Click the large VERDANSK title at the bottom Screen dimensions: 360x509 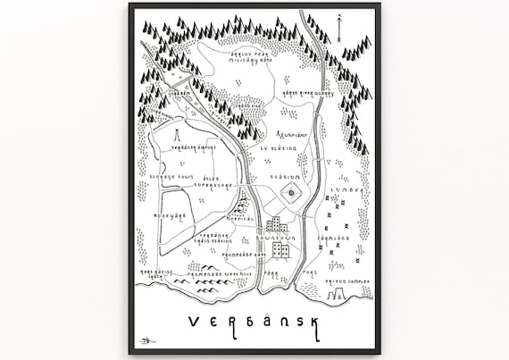click(x=254, y=322)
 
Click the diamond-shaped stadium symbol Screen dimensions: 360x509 click(x=291, y=192)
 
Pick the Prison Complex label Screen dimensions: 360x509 click(x=346, y=280)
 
